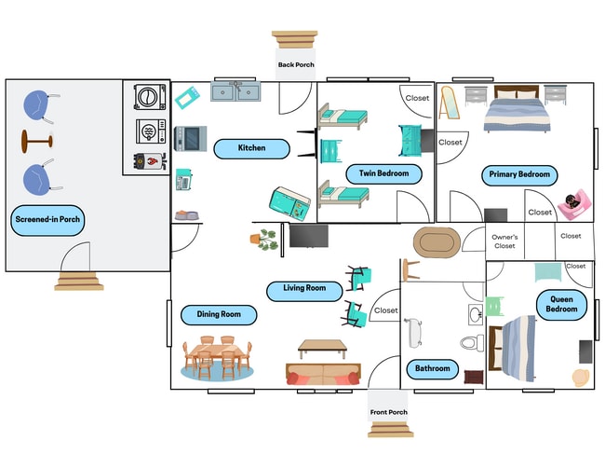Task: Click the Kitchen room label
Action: coord(251,147)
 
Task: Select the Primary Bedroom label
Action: coord(520,174)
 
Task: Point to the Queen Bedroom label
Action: coord(562,303)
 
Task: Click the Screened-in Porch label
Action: coord(47,221)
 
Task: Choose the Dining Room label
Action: coord(219,314)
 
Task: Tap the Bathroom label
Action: coord(432,368)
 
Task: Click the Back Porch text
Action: coord(296,65)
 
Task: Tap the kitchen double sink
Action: coord(235,91)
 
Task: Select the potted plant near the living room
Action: coord(266,240)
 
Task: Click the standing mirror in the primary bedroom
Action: coord(449,103)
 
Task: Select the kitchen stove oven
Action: coord(190,139)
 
